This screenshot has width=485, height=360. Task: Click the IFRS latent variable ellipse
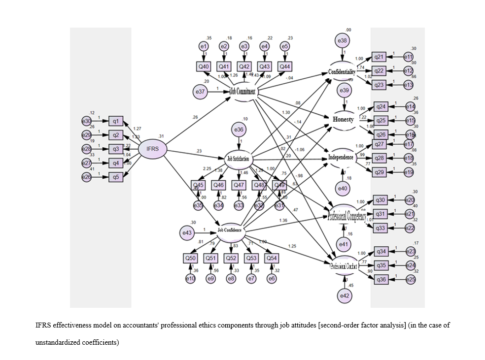[152, 149]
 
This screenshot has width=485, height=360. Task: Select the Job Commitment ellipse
[243, 91]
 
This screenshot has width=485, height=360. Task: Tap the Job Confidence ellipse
[230, 230]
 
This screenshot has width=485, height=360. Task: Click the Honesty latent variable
[343, 120]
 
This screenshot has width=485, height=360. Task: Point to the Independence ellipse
[341, 158]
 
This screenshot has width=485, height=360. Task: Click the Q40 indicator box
[204, 66]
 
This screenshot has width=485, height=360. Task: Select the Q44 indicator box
[284, 66]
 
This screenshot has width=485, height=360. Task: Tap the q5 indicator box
[116, 177]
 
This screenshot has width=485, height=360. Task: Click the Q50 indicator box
[190, 258]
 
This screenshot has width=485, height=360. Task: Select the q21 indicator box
[379, 58]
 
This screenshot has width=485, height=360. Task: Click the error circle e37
[201, 91]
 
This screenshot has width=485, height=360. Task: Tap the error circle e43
[187, 232]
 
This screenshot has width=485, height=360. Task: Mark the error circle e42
[344, 295]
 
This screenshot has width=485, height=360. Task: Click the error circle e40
[343, 187]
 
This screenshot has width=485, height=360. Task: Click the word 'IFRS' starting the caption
[42, 326]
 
